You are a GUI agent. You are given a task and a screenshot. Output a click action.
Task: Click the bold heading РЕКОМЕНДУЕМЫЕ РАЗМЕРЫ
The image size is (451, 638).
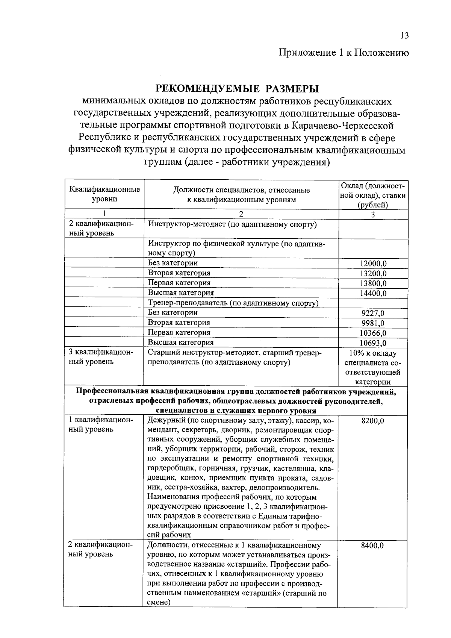coord(237,89)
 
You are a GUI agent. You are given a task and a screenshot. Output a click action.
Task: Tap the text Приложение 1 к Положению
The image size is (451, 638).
coord(344,52)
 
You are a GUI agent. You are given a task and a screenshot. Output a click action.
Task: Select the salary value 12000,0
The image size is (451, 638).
coord(373,264)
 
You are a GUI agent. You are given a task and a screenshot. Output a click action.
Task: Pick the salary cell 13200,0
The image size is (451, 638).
coord(373,274)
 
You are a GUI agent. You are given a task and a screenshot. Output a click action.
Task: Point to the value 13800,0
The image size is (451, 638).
coord(373,283)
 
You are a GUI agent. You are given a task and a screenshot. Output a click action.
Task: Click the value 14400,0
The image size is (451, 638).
coord(373,293)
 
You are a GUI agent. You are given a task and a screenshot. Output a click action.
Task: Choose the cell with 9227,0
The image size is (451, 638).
coord(373,313)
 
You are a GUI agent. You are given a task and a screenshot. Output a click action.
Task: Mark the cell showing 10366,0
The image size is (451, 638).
coord(373,333)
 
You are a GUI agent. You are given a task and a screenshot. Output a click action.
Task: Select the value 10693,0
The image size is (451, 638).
coord(373,343)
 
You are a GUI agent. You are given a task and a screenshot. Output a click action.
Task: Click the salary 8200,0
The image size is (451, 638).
coord(372,421)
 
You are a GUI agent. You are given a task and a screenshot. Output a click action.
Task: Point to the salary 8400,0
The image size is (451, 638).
coord(372,546)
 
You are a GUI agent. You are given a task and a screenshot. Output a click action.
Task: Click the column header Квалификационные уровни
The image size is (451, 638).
coord(105,194)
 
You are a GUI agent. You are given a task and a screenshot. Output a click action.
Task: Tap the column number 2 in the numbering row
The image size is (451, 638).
coord(241,214)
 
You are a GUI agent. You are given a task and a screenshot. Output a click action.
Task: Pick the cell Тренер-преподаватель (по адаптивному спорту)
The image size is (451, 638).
coord(233,303)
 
